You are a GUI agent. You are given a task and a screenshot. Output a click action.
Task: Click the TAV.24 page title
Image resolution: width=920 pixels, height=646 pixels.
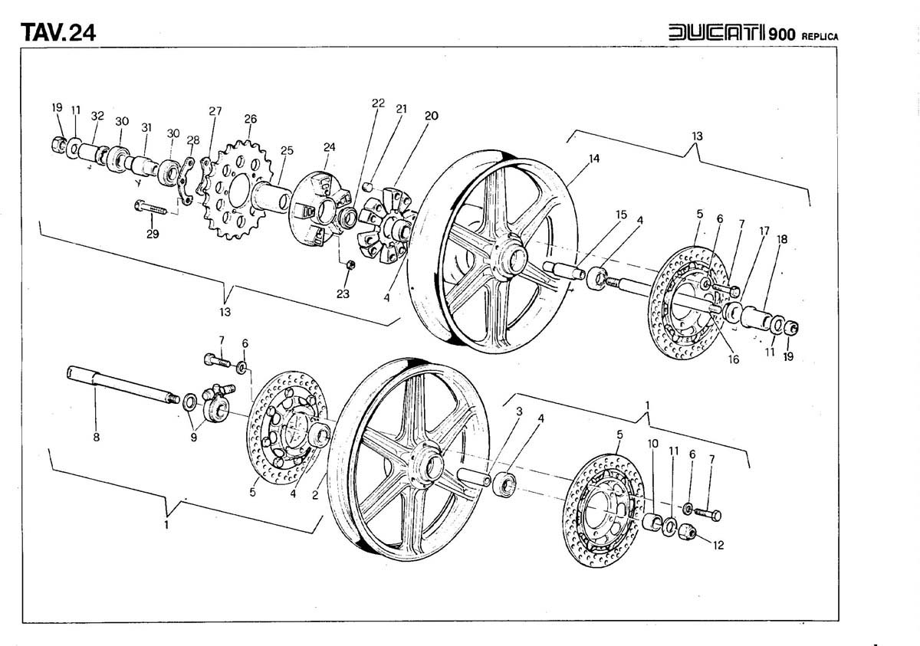coord(58,33)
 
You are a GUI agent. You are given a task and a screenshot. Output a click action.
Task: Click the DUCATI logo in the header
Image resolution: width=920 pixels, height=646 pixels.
coord(720,34)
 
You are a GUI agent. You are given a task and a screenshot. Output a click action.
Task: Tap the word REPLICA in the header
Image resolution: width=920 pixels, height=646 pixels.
coord(821,36)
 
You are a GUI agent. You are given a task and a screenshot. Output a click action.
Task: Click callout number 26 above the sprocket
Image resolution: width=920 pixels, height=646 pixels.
coord(250,119)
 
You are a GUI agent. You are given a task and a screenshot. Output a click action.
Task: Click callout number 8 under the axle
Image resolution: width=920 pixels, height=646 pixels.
coord(95,438)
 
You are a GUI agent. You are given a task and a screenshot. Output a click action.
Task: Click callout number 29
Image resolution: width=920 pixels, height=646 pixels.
coord(153,234)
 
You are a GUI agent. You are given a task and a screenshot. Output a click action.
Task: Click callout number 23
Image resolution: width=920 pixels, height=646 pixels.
coord(343,293)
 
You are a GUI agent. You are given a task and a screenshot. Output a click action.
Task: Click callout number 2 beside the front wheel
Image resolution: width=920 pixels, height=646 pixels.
coord(315,494)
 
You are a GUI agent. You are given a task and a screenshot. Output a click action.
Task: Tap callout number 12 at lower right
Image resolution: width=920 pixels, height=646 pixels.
coord(718,546)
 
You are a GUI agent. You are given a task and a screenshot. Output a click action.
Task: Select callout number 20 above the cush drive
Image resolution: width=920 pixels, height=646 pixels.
coord(431,116)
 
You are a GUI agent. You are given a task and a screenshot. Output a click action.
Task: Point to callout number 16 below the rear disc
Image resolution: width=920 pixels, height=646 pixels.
coord(734,359)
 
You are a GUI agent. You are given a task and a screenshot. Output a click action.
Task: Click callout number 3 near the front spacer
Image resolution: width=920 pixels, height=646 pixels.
coord(519,412)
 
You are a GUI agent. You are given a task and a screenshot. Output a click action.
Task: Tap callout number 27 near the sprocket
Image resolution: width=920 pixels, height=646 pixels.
coord(215,111)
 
